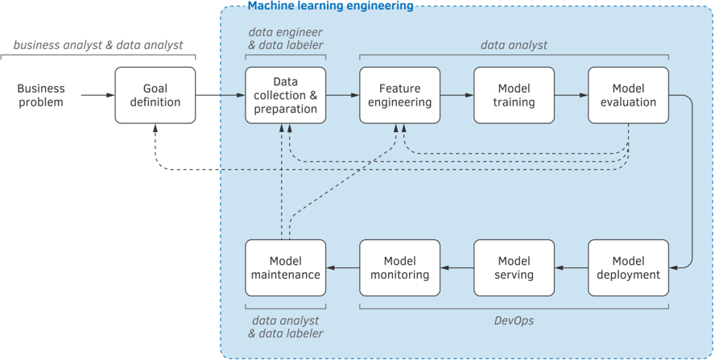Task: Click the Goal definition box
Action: tap(155, 95)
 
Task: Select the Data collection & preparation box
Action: tap(286, 95)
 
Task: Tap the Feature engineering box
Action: tap(400, 95)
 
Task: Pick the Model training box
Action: tap(514, 95)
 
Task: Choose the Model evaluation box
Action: tap(628, 95)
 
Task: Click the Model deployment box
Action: tap(628, 268)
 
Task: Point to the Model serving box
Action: tap(514, 268)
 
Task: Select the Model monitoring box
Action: tap(400, 268)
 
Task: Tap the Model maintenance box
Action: tap(286, 268)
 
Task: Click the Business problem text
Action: tap(41, 95)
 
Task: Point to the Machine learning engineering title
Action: tap(331, 6)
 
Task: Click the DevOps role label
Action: tap(514, 321)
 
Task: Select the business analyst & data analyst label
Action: tap(98, 45)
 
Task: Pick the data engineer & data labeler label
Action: tap(286, 39)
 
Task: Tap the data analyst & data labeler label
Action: tap(286, 327)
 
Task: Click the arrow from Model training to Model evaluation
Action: tap(572, 95)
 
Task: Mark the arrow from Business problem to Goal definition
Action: tap(98, 95)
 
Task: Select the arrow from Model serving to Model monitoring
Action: tap(457, 268)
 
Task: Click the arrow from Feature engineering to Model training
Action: tap(457, 95)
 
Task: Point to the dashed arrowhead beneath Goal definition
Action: tap(155, 127)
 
